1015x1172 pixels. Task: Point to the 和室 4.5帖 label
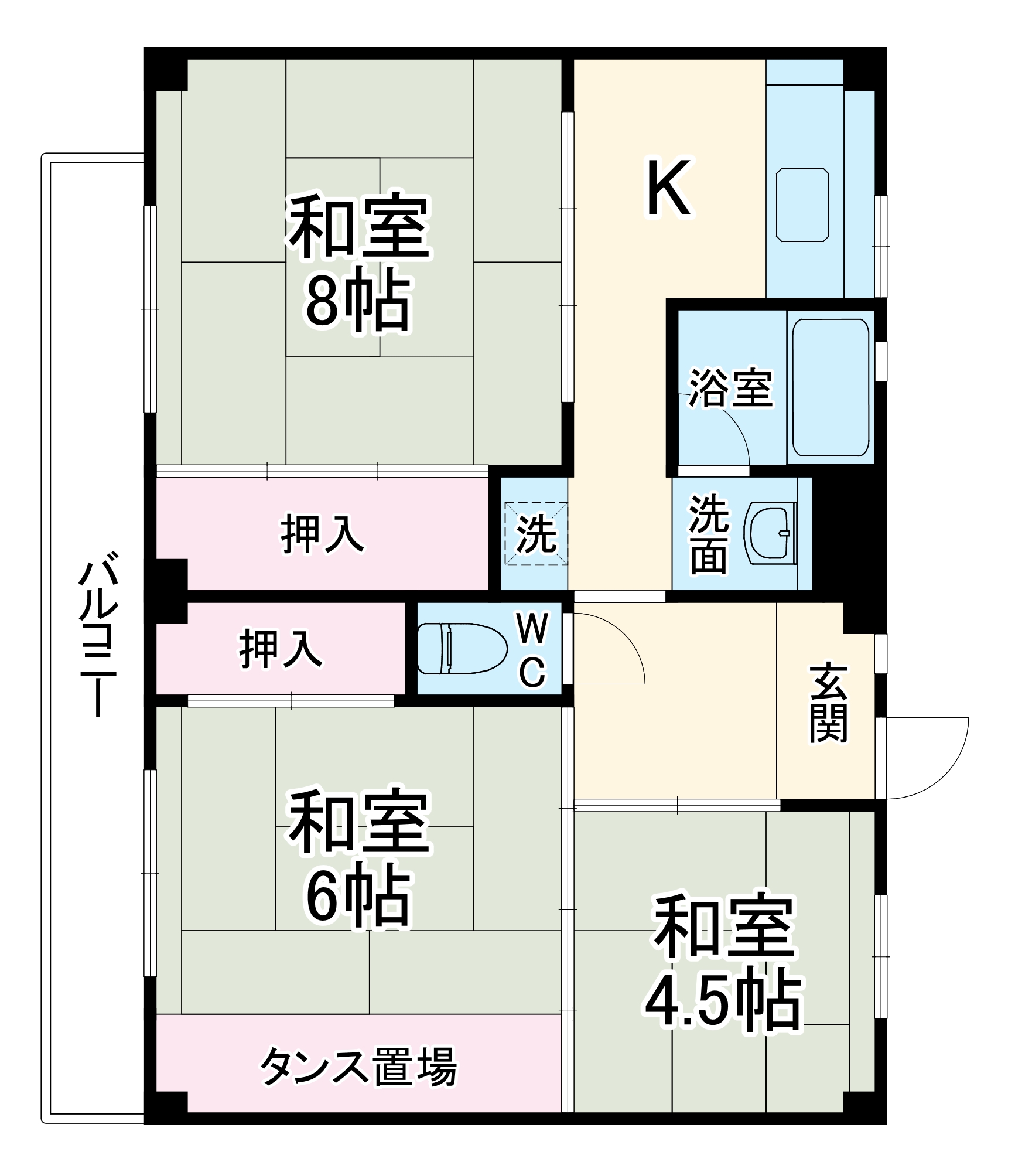(x=723, y=962)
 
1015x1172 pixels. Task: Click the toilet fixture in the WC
(x=462, y=649)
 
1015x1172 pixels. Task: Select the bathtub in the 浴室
(x=831, y=387)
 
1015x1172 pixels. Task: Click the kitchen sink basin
(x=802, y=205)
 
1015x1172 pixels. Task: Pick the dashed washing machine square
(x=536, y=533)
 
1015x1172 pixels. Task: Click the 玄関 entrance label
(x=829, y=703)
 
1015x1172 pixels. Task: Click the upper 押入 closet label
(x=323, y=533)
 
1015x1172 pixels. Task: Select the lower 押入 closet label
(x=281, y=649)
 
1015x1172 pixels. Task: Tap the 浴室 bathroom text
(x=730, y=387)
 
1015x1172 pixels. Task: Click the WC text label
(x=532, y=649)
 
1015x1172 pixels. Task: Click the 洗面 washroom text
(x=709, y=534)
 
